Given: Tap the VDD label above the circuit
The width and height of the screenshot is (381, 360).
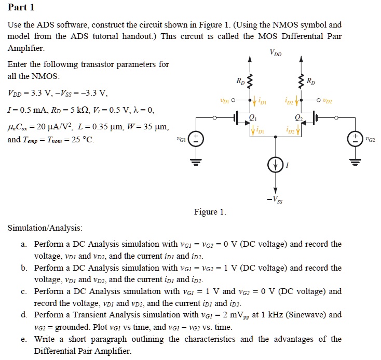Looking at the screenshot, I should pos(276,52).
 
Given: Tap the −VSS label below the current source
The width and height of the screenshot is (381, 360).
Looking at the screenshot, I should pos(276,198).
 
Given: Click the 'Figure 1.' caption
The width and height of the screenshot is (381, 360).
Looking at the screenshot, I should pos(210,211).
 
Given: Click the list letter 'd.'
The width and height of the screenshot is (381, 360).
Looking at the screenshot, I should pos(24,315).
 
